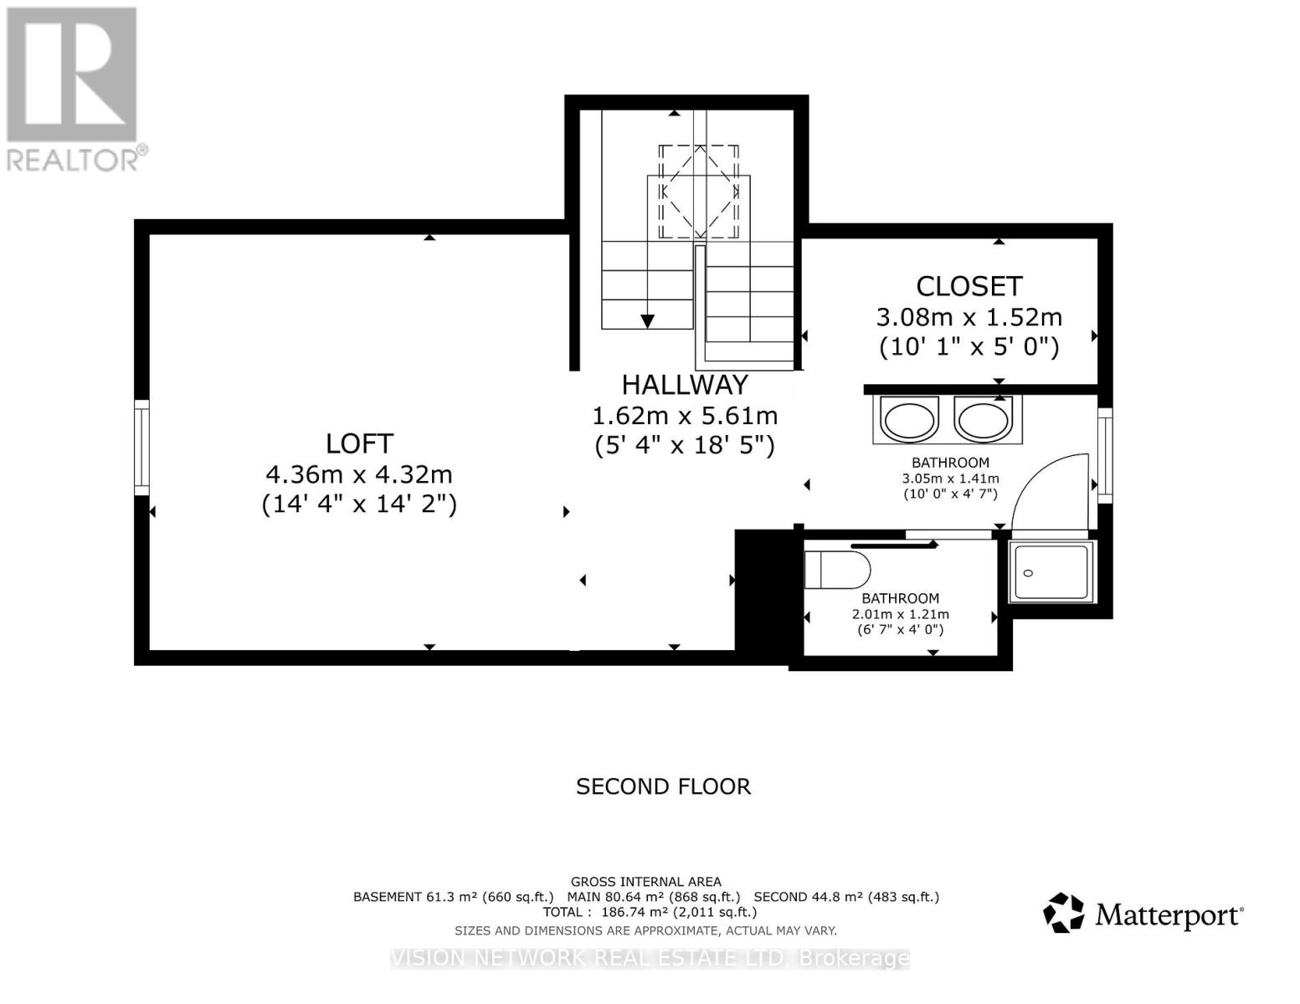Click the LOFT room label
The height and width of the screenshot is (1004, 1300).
pos(359,443)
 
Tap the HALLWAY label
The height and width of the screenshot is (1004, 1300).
pos(685,385)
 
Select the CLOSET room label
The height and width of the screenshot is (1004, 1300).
pos(969,286)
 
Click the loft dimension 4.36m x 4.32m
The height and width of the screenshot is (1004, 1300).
pos(359,474)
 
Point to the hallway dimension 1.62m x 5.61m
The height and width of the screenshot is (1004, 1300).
pos(685,416)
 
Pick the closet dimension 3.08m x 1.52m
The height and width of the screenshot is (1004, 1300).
pos(969,317)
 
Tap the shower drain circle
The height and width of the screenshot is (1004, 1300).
pos(1029,573)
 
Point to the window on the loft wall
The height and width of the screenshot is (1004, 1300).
pos(141,448)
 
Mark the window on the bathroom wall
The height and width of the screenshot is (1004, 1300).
pos(1105,455)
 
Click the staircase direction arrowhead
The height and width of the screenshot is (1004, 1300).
pos(647,321)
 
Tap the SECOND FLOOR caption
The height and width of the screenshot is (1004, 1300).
pos(663,786)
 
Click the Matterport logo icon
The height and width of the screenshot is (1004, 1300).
pos(1063,913)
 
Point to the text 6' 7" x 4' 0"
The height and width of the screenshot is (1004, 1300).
pos(900,629)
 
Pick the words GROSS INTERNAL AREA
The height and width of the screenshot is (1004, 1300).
pos(646,881)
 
